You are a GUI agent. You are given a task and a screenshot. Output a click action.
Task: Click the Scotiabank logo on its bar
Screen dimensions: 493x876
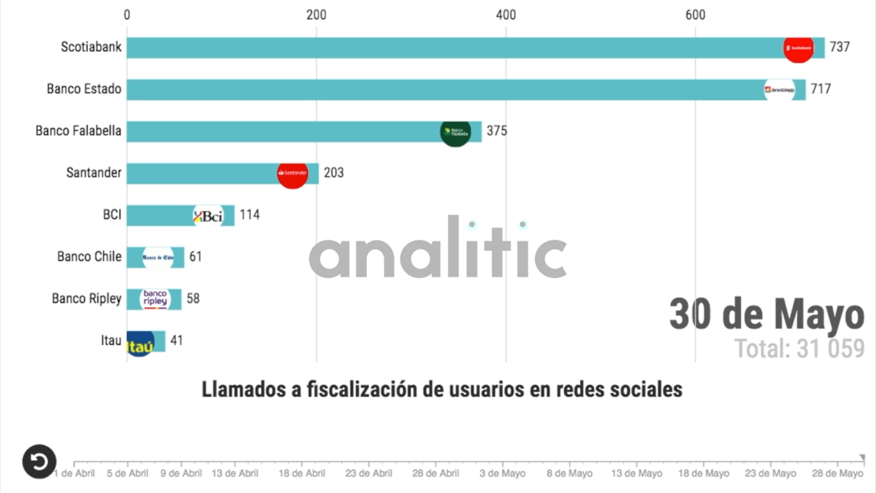[x=798, y=48]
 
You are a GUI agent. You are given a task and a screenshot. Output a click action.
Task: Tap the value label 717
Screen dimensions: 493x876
[x=820, y=89]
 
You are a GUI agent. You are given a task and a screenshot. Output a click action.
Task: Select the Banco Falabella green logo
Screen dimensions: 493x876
[x=455, y=132]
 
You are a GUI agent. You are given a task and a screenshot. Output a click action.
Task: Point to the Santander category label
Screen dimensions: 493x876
[x=94, y=173]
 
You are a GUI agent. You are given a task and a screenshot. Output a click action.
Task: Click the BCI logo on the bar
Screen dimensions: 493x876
[x=208, y=216]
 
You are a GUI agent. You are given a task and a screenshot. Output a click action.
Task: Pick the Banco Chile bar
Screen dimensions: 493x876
[x=155, y=257]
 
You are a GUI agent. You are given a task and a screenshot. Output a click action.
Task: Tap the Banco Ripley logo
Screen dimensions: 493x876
[x=155, y=299]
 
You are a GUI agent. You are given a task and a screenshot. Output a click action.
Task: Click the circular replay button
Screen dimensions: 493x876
[x=39, y=462]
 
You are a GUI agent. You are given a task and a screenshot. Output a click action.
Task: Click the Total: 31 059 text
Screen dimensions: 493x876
[x=799, y=349]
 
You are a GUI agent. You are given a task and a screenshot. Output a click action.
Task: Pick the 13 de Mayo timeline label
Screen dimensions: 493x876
[x=637, y=474]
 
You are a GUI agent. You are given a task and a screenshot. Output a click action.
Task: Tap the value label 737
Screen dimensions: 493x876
[x=839, y=48]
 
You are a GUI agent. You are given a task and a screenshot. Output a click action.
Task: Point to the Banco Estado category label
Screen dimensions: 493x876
[x=84, y=89]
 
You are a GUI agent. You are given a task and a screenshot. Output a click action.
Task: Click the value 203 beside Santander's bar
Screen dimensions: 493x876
[x=333, y=173]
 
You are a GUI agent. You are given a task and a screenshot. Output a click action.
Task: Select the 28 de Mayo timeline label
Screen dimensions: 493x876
[x=838, y=474]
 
